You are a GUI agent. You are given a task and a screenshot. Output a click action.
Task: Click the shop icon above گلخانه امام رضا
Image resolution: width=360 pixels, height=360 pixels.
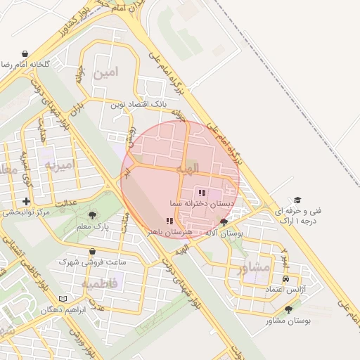(x=25, y=53)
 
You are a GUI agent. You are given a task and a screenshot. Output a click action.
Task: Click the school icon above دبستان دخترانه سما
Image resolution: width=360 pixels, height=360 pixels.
(x=202, y=192)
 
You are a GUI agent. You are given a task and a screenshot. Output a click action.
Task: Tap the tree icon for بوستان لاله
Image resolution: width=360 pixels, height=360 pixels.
(x=224, y=222)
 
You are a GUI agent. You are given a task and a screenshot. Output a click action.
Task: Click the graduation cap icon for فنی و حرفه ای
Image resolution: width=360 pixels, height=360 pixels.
(x=297, y=200)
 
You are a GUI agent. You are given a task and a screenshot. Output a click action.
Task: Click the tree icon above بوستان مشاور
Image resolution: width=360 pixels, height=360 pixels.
(x=288, y=309)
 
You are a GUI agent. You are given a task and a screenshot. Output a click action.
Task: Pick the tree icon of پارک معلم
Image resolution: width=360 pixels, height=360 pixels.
(x=92, y=215)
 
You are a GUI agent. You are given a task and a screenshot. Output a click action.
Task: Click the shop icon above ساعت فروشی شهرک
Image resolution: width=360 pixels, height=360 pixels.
(x=92, y=252)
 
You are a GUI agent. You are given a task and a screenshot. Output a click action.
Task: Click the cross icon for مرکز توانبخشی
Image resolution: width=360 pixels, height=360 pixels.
(x=26, y=201)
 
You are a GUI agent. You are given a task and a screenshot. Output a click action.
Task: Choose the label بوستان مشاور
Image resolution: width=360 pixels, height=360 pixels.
(x=289, y=321)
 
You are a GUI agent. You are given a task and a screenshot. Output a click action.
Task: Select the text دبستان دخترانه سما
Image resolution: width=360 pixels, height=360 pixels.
(x=202, y=202)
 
